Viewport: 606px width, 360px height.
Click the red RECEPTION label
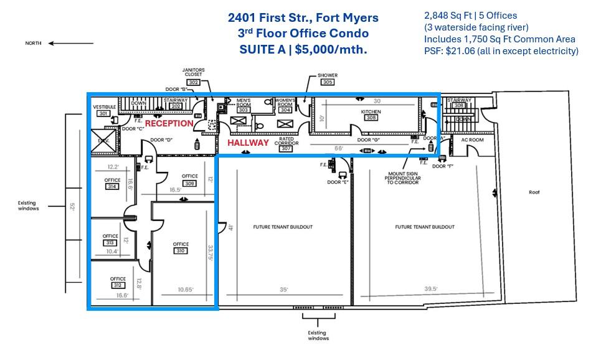pos(169,123)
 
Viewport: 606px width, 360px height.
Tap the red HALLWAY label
pos(248,143)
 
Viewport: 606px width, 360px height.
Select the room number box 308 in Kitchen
pos(371,117)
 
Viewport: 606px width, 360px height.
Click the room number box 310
pos(181,251)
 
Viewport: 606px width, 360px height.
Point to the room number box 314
pos(113,186)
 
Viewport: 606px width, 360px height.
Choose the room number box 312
pos(118,285)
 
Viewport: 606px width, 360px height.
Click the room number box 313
pos(110,243)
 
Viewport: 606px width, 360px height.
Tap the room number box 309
pos(190,183)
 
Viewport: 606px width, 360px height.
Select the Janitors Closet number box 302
pos(193,82)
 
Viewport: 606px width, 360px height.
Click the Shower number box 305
pos(328,82)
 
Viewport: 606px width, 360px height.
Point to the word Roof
pos(534,192)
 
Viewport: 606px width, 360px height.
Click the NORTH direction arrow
pos(61,44)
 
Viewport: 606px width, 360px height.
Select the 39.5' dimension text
pos(430,288)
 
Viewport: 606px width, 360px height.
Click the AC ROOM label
pos(472,140)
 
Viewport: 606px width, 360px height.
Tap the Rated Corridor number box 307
pos(286,149)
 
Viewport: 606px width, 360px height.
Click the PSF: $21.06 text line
pos(501,51)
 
